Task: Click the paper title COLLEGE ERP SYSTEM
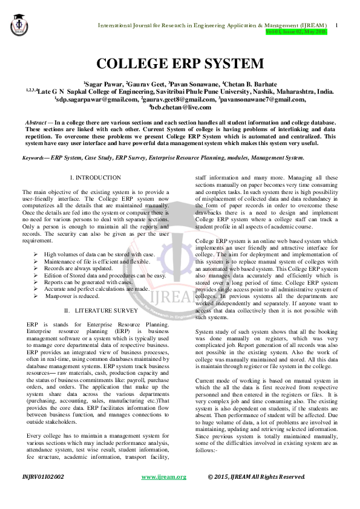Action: [x=180, y=63]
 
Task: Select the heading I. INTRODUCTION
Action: [x=96, y=178]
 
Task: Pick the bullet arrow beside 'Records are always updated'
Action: [x=37, y=268]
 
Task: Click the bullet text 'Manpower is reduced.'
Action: [x=74, y=296]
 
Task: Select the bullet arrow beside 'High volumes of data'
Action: [x=37, y=254]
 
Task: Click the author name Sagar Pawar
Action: [x=106, y=83]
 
